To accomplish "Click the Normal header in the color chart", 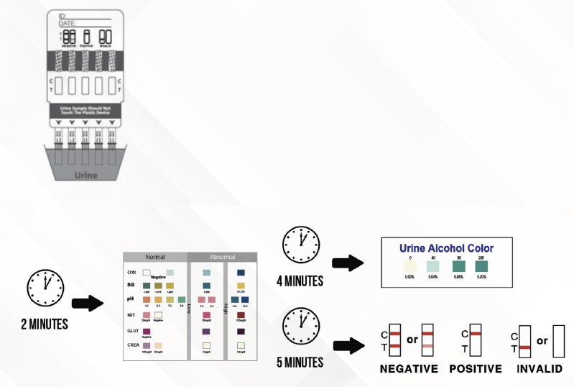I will (x=155, y=257).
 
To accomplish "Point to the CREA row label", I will (x=132, y=346).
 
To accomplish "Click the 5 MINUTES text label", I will (x=300, y=362).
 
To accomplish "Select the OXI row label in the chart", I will (x=131, y=273).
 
